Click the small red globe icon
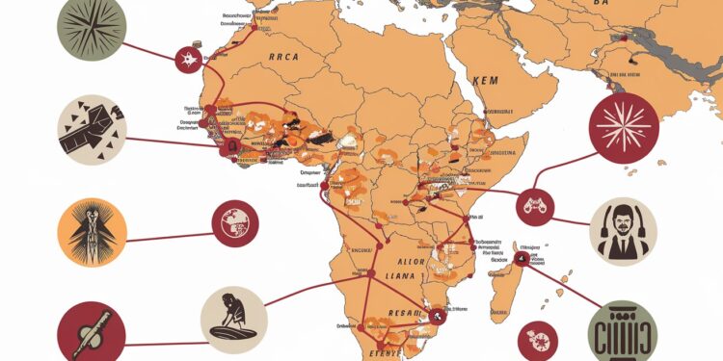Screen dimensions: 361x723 pyautogui.click(x=234, y=222)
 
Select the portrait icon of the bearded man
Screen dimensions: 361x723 pyautogui.click(x=623, y=231)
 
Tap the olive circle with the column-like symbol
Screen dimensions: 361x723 pyautogui.click(x=621, y=331)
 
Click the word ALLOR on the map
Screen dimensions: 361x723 pyautogui.click(x=410, y=261)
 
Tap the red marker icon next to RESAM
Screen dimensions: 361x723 pyautogui.click(x=438, y=313)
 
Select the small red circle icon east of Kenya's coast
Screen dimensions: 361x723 pyautogui.click(x=535, y=203)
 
